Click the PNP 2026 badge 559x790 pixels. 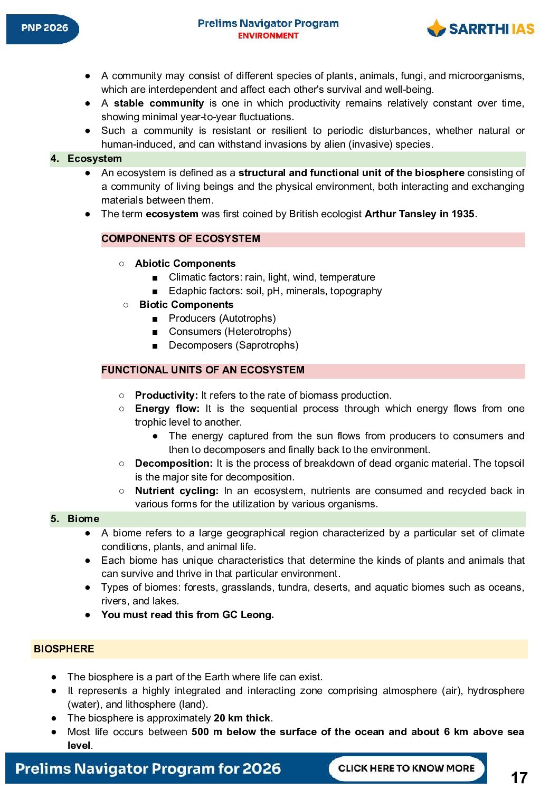[43, 28]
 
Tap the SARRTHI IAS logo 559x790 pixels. [480, 28]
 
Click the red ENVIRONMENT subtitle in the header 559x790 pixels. [268, 36]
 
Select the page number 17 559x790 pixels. [519, 777]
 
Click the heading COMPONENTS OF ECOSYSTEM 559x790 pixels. [181, 239]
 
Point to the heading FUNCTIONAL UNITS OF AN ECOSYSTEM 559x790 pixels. [203, 370]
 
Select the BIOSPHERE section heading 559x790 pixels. [64, 649]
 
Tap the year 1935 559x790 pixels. [462, 214]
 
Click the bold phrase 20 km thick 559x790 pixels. [242, 718]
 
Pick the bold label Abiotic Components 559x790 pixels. [185, 264]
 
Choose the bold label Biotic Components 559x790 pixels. [186, 305]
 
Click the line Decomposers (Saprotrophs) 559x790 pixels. [233, 345]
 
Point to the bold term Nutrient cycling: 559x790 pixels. [176, 491]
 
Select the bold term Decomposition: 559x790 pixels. [174, 464]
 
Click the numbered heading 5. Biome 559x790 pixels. [75, 519]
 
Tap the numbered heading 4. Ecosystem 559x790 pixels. [86, 159]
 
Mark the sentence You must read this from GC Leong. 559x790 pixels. [187, 615]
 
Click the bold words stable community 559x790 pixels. [159, 103]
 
